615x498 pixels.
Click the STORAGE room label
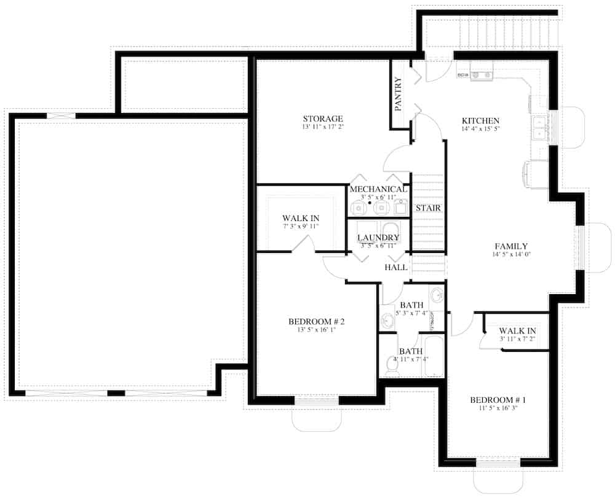click(322, 119)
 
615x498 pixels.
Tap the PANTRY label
click(398, 94)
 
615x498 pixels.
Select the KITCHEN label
click(480, 120)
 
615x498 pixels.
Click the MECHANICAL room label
click(378, 189)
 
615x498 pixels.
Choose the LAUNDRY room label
click(378, 237)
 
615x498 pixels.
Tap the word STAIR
click(428, 208)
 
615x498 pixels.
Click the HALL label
click(396, 268)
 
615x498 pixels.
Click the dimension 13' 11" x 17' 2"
click(322, 128)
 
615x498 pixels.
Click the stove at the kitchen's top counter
click(482, 75)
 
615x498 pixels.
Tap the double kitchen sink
click(539, 127)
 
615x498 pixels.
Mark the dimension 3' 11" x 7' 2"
click(517, 338)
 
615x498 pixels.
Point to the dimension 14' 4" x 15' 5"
click(480, 129)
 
